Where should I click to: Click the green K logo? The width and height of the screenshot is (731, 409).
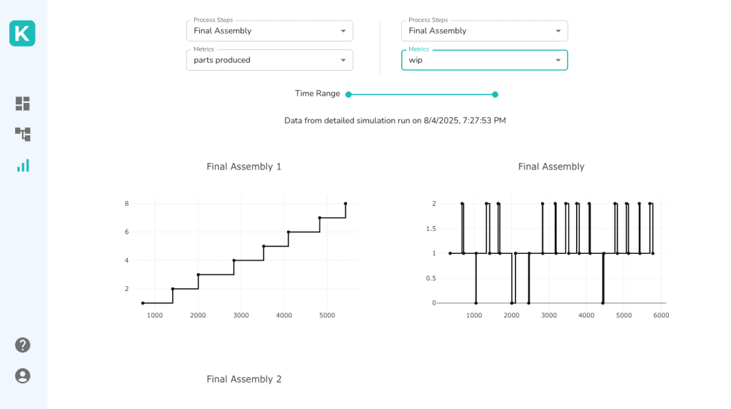click(x=22, y=34)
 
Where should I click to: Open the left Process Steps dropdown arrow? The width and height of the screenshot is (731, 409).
click(x=343, y=31)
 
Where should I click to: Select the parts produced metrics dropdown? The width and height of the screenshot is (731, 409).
click(x=269, y=60)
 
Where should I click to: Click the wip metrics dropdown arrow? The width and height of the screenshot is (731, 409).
click(x=558, y=60)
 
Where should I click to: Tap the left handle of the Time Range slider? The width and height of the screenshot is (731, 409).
click(x=348, y=94)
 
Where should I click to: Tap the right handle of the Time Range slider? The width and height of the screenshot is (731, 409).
click(x=495, y=94)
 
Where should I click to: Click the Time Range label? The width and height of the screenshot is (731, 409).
click(x=317, y=94)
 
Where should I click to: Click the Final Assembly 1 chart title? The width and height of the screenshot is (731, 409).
click(x=244, y=167)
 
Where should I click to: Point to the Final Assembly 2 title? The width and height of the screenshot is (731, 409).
click(x=244, y=379)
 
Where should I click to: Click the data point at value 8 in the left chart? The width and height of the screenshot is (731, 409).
click(x=346, y=204)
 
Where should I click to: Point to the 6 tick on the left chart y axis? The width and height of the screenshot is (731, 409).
click(x=126, y=232)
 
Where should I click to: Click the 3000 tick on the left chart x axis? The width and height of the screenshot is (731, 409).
click(x=241, y=315)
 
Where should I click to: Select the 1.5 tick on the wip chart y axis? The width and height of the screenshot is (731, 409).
click(x=430, y=228)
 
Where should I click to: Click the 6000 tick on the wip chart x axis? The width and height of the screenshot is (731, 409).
click(x=661, y=315)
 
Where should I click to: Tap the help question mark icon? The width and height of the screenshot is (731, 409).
click(x=23, y=345)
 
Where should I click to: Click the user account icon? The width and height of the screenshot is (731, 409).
click(x=23, y=375)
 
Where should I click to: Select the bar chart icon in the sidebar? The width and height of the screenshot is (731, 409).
click(x=23, y=165)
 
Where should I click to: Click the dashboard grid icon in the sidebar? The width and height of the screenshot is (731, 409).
click(x=23, y=104)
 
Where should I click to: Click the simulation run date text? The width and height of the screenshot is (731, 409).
click(x=395, y=121)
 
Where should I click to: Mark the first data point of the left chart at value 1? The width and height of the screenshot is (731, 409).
click(x=143, y=303)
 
